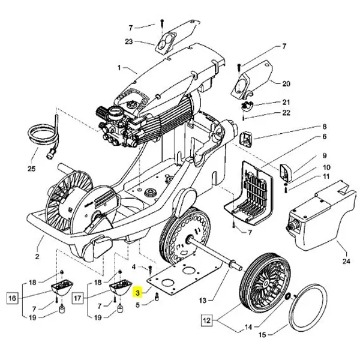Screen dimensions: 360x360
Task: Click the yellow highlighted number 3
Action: (138, 293)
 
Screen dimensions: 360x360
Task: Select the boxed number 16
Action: (13, 298)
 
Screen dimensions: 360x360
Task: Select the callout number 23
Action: (128, 41)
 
